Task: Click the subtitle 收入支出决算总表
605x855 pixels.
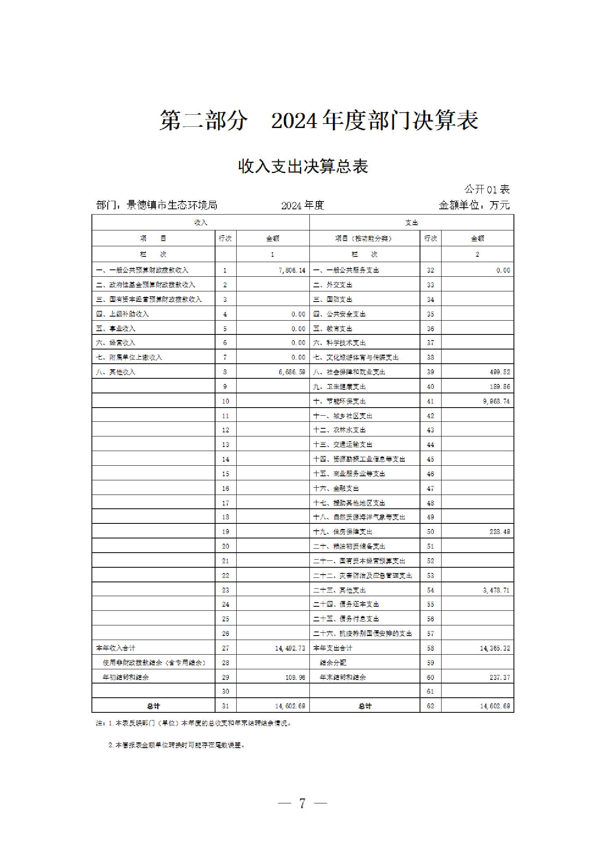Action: [x=303, y=167]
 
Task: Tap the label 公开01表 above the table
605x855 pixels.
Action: [x=487, y=189]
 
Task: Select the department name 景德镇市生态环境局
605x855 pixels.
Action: [x=172, y=205]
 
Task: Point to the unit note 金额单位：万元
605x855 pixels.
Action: [x=474, y=205]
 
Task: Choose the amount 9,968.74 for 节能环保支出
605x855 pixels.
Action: [x=496, y=401]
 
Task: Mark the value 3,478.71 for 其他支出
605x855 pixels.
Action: [x=496, y=590]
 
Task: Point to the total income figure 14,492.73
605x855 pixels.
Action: [x=290, y=648]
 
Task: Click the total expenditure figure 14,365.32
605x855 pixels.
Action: [x=495, y=648]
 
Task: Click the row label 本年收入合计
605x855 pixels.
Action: [x=115, y=648]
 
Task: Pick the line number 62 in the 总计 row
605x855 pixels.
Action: [x=431, y=706]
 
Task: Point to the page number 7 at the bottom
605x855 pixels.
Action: [x=302, y=803]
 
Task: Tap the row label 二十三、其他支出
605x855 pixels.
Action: [x=339, y=590]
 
